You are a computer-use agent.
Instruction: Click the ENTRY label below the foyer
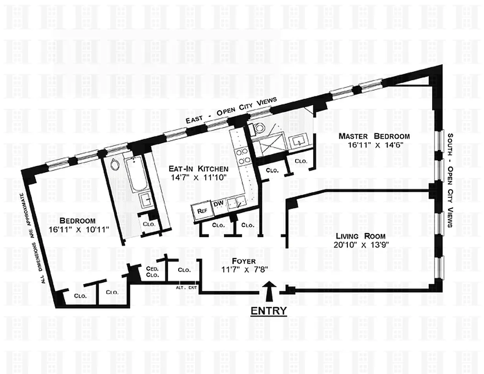coord(269,311)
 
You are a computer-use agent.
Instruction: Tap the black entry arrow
coord(269,292)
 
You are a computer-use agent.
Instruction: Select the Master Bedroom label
coord(374,137)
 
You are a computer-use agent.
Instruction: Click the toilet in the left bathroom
coord(114,164)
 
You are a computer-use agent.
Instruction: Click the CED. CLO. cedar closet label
coord(152,272)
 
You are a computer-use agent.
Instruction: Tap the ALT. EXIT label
coord(186,288)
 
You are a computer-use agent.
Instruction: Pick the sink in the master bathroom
coord(296,141)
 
